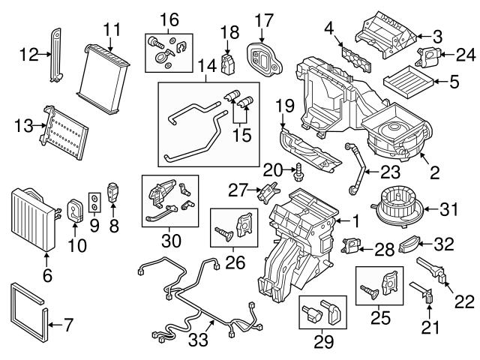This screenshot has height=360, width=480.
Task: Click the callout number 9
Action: point(94,223)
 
